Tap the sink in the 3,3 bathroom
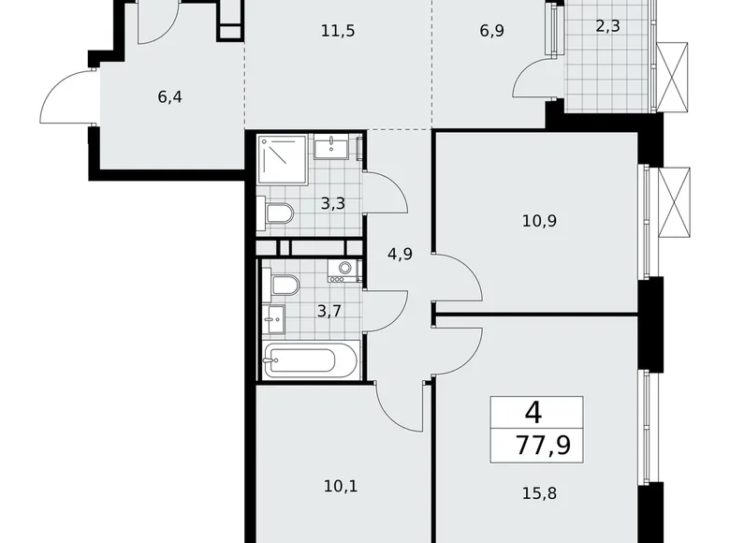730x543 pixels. click(x=332, y=147)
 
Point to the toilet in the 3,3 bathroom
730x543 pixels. click(x=278, y=214)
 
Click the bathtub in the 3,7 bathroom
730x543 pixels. click(x=311, y=360)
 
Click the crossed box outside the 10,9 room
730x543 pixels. click(x=674, y=201)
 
